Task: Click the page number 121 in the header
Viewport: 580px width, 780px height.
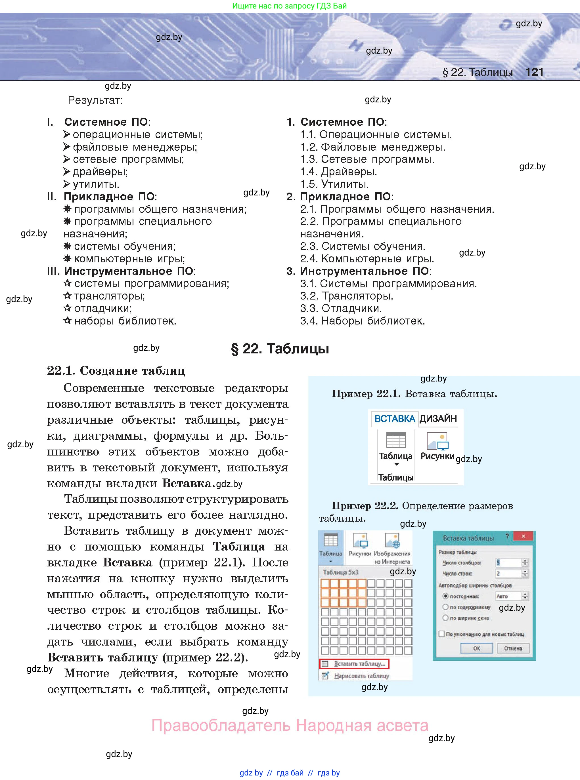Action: click(534, 72)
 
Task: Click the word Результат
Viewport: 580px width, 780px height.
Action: click(95, 100)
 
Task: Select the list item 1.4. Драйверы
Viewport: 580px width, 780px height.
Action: click(338, 172)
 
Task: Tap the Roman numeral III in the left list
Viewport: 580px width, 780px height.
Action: click(53, 271)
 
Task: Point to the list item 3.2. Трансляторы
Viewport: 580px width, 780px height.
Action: click(347, 296)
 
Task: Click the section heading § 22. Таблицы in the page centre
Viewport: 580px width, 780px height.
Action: click(280, 349)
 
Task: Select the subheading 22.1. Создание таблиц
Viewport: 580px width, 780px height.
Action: click(116, 370)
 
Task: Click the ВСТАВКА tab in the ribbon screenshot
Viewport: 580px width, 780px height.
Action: click(395, 418)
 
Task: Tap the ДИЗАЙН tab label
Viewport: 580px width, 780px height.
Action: click(438, 418)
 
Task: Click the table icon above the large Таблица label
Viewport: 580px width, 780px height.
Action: click(396, 440)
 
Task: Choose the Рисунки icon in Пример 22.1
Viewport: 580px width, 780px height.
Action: click(437, 441)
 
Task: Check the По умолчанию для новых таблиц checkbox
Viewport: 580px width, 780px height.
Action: click(442, 634)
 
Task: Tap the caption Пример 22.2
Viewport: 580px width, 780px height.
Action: click(365, 506)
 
